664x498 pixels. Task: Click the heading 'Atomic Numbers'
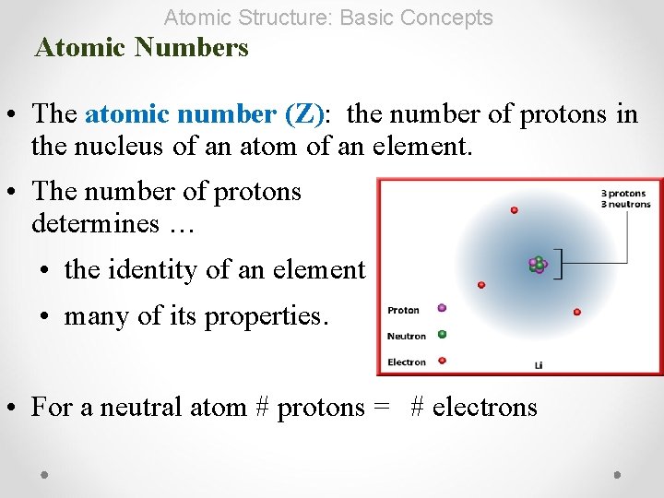point(141,47)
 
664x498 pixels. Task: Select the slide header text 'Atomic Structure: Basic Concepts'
point(328,17)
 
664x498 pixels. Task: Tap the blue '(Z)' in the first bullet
point(304,114)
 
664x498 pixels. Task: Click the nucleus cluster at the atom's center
point(538,266)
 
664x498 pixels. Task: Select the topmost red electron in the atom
point(514,210)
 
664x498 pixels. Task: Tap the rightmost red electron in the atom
point(576,312)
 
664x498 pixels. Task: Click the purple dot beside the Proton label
point(442,308)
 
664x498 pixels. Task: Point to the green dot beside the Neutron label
point(442,334)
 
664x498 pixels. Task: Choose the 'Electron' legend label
point(407,362)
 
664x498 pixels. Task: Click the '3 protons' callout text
point(624,194)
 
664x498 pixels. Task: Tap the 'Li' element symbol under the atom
point(539,365)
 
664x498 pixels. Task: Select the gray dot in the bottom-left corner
point(44,475)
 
